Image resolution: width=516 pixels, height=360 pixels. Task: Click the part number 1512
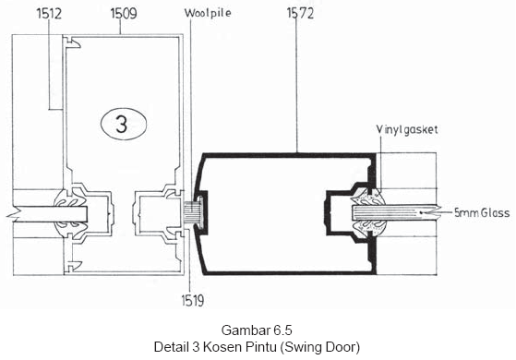(x=49, y=14)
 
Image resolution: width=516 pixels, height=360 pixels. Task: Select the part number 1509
(x=124, y=14)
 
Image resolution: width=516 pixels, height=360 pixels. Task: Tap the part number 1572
(x=300, y=14)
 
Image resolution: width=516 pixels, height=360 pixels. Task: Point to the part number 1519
(x=193, y=300)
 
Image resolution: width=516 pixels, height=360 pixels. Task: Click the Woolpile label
(x=208, y=13)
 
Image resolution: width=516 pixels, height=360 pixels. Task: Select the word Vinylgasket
(x=407, y=129)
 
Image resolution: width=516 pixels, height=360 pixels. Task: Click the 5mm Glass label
(x=482, y=213)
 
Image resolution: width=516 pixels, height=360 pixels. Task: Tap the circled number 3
(x=124, y=124)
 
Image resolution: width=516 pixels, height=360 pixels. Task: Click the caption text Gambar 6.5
(x=257, y=330)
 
